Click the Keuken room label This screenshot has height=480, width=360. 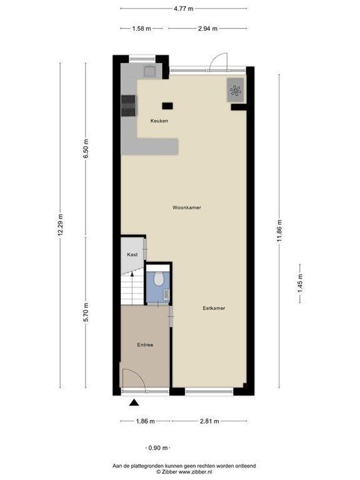[x=159, y=121]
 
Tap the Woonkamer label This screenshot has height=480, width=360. [x=187, y=207]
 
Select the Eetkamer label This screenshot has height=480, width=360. [x=214, y=308]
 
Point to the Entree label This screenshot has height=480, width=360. [x=145, y=345]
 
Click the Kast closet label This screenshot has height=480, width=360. [x=132, y=255]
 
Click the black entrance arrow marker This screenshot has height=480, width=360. [x=134, y=402]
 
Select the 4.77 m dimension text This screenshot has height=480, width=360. [x=183, y=9]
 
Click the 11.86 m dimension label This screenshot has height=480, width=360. [x=279, y=231]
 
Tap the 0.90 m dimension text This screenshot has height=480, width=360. [x=157, y=448]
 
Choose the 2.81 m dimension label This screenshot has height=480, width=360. [x=209, y=421]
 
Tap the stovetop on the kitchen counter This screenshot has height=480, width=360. [x=127, y=105]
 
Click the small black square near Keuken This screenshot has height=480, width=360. [x=167, y=105]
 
